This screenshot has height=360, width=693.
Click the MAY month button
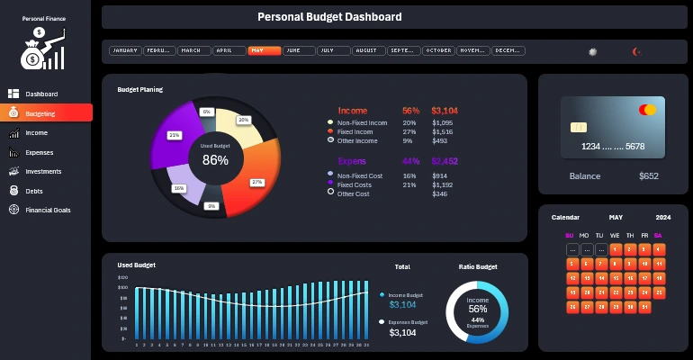[x=264, y=51]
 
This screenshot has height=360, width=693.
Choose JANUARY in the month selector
[x=124, y=51]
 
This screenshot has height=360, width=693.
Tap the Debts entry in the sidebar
[x=36, y=191]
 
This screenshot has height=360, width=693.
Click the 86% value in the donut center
[x=215, y=160]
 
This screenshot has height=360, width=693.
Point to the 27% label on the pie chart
[x=256, y=182]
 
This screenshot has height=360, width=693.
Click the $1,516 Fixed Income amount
[x=443, y=131]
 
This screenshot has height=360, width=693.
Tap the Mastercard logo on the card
[x=647, y=110]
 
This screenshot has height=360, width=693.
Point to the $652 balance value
[x=648, y=176]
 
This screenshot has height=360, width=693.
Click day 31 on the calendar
[x=644, y=308]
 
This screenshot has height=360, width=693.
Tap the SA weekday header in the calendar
[x=658, y=236]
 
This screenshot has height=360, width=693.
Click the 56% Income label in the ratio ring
[x=478, y=308]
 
